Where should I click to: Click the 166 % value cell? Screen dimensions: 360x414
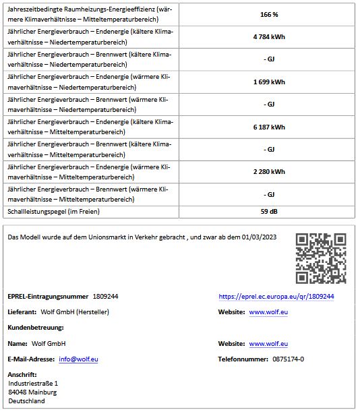269,14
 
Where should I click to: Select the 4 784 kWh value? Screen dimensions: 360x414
269,36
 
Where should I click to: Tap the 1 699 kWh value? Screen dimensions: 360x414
269,82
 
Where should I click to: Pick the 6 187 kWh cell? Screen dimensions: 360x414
269,127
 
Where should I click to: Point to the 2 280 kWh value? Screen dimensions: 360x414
269,171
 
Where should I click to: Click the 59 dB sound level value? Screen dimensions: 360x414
269,211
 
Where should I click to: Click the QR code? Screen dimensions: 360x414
321,258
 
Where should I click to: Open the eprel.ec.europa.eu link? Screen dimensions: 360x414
276,297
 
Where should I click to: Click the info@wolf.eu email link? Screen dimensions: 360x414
78,359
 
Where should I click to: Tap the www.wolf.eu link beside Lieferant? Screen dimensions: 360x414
269,312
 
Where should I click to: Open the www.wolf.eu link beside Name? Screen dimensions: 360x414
269,344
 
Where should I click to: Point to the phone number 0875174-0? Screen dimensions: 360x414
288,359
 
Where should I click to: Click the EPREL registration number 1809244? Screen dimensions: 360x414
106,297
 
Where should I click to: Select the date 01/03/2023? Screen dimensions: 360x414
260,237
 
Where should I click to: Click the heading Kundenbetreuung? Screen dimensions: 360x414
36,328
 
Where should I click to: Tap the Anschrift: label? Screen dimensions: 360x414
22,375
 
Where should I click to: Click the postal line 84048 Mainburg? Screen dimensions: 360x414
33,392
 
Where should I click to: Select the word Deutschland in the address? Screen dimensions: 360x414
28,401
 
